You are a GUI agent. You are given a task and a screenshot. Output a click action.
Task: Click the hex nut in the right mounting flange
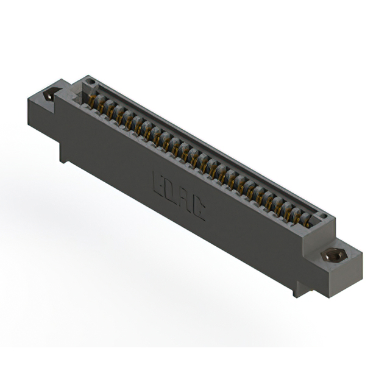(x=333, y=254)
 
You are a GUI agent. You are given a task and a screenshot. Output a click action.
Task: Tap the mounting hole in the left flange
(x=52, y=94)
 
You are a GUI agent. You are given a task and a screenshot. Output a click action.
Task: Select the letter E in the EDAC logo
(x=157, y=181)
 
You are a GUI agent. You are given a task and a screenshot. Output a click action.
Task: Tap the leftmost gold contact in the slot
(x=93, y=101)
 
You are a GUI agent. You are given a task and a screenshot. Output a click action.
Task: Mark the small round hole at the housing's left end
(x=89, y=81)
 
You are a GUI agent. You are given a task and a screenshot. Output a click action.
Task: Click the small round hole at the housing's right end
(x=323, y=216)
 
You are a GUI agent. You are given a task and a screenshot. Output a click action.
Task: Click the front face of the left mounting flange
(x=41, y=112)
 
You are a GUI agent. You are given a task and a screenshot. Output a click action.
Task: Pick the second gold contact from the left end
(x=102, y=105)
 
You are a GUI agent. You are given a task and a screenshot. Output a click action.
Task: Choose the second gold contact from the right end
(x=297, y=214)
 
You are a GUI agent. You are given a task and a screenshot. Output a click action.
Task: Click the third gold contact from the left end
(x=111, y=110)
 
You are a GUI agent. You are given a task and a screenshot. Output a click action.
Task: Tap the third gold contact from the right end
(x=287, y=209)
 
